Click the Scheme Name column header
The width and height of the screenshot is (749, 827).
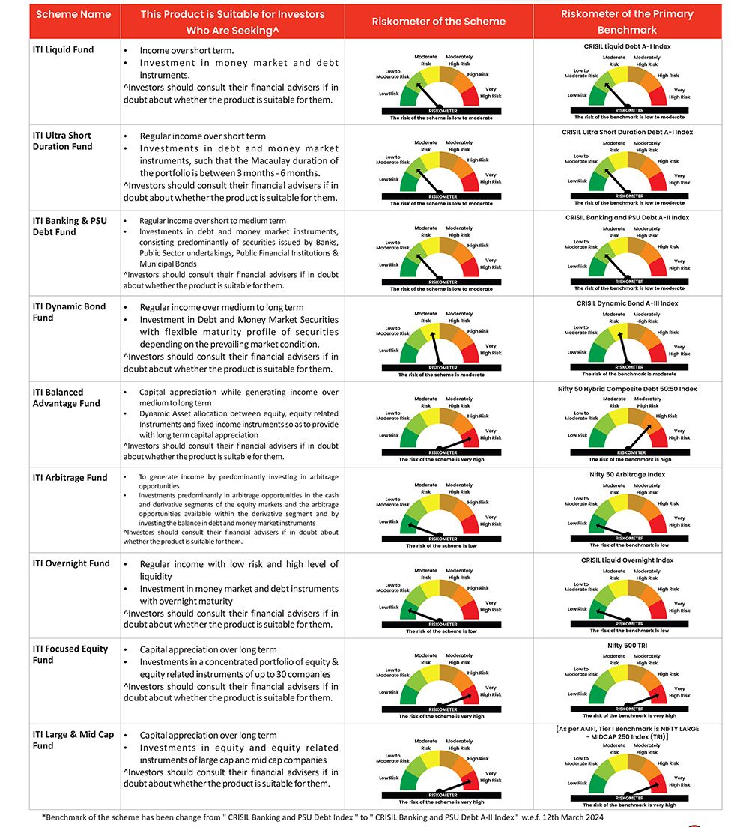click(x=74, y=15)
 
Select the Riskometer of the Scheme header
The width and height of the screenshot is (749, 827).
click(x=439, y=22)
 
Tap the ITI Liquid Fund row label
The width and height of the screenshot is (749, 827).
click(x=63, y=50)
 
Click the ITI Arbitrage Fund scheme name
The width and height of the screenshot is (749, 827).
click(x=70, y=478)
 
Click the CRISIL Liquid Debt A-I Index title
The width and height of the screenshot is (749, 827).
click(x=628, y=46)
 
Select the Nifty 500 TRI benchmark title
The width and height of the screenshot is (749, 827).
click(x=628, y=645)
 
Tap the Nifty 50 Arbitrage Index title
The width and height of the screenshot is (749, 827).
click(x=628, y=474)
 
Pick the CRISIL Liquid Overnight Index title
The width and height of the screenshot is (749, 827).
click(x=628, y=560)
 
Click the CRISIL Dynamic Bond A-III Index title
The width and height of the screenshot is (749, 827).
click(x=628, y=303)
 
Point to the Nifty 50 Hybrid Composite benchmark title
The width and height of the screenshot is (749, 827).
click(x=628, y=389)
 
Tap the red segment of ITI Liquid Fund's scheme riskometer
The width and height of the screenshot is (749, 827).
click(x=470, y=97)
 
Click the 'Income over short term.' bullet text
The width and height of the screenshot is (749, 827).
click(x=177, y=50)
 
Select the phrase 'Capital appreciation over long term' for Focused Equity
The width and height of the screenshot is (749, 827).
click(x=208, y=649)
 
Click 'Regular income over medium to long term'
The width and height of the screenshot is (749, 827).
click(x=222, y=307)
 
